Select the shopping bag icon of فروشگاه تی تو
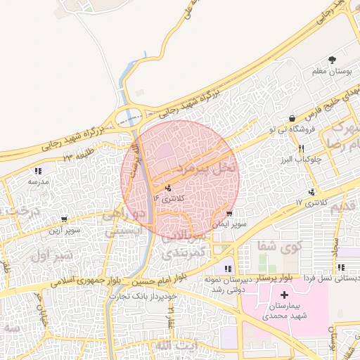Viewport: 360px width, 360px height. [291, 117]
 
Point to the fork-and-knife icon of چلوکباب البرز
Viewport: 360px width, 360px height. [302, 148]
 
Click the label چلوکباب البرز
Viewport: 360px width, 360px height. [302, 159]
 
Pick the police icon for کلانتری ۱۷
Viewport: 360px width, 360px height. [311, 192]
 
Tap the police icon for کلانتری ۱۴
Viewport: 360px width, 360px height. [168, 188]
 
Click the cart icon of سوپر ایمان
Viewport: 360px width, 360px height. [230, 213]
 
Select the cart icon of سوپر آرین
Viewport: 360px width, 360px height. [64, 219]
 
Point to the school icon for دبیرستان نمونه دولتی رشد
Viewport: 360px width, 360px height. [227, 269]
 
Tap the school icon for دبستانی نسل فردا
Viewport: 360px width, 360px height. [340, 267]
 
